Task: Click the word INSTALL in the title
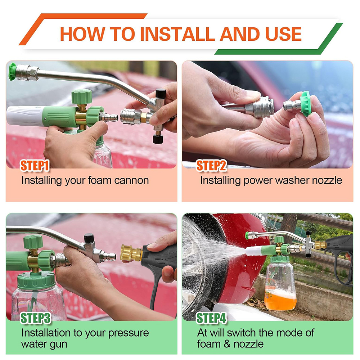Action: pyautogui.click(x=178, y=34)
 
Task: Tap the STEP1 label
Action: pyautogui.click(x=35, y=166)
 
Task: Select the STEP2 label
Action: pyautogui.click(x=211, y=166)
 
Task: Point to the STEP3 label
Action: pyautogui.click(x=35, y=318)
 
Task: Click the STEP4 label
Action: pyautogui.click(x=212, y=318)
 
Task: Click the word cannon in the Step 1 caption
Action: pyautogui.click(x=131, y=180)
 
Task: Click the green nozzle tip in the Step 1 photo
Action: pyautogui.click(x=12, y=71)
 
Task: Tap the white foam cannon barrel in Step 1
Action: pyautogui.click(x=25, y=116)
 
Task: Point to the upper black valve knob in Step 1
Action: pyautogui.click(x=161, y=94)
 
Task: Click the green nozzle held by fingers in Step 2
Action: pyautogui.click(x=305, y=104)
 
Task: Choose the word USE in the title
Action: pyautogui.click(x=283, y=34)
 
